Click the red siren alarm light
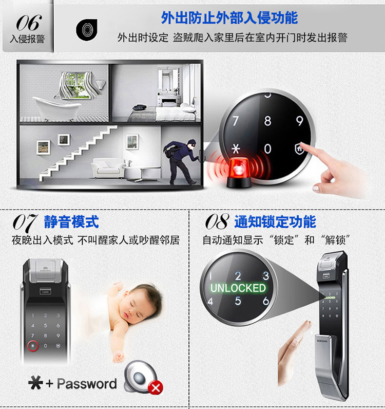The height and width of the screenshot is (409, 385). pyautogui.click(x=239, y=173)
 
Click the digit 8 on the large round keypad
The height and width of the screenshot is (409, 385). pyautogui.click(x=267, y=121)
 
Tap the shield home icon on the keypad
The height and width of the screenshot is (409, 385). pyautogui.click(x=299, y=148)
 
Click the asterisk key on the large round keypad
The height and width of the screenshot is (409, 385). pyautogui.click(x=236, y=149)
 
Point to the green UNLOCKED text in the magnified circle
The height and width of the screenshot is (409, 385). pyautogui.click(x=238, y=288)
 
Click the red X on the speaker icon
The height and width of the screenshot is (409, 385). pyautogui.click(x=156, y=388)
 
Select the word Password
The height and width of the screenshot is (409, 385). pyautogui.click(x=87, y=384)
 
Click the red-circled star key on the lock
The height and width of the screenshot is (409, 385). pyautogui.click(x=33, y=346)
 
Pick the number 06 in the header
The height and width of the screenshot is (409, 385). pyautogui.click(x=29, y=23)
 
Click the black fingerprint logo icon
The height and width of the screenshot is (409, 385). pyautogui.click(x=87, y=30)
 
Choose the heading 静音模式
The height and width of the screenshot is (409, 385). pyautogui.click(x=71, y=222)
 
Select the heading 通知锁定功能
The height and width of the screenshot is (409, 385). pyautogui.click(x=275, y=222)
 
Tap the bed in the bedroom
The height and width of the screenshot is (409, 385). pyautogui.click(x=162, y=113)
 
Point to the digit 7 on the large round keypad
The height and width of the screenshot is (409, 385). pyautogui.click(x=236, y=121)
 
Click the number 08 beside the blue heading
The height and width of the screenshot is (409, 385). pyautogui.click(x=217, y=222)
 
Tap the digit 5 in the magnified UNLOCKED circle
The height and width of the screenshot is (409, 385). pyautogui.click(x=238, y=301)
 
